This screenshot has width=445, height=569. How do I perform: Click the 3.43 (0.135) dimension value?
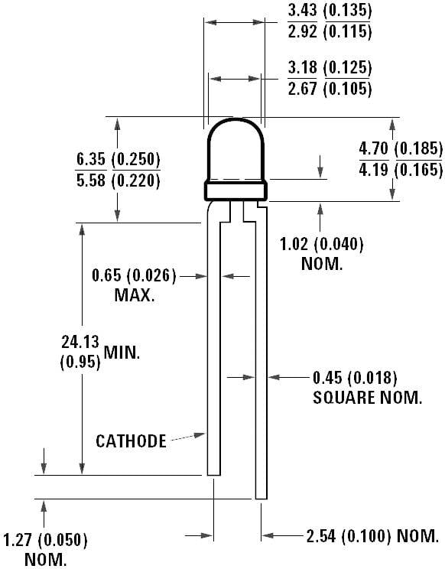pyautogui.click(x=330, y=11)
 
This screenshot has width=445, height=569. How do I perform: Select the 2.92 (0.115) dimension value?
pyautogui.click(x=330, y=31)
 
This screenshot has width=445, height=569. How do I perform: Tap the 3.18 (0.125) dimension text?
pyautogui.click(x=330, y=68)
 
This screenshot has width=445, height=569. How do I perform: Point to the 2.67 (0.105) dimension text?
pyautogui.click(x=330, y=89)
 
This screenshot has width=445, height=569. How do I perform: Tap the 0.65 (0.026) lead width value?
pyautogui.click(x=134, y=275)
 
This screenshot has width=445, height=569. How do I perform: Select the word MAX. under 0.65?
pyautogui.click(x=135, y=295)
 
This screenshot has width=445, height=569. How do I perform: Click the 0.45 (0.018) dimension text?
pyautogui.click(x=355, y=377)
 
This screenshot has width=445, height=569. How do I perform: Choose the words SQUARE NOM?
pyautogui.click(x=367, y=398)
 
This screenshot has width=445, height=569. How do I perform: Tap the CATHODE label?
pyautogui.click(x=131, y=441)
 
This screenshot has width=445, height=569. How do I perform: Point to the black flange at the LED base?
pyautogui.click(x=235, y=189)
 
